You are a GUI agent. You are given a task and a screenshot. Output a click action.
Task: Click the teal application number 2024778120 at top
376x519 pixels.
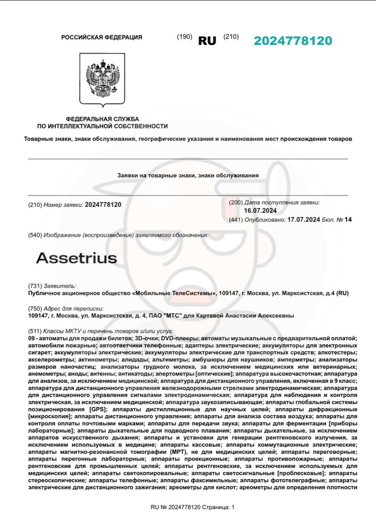pos(293,41)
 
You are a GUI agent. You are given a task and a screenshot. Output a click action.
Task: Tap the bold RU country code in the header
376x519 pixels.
pos(207,41)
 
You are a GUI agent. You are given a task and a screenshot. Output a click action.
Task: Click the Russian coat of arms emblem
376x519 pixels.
pos(103,79)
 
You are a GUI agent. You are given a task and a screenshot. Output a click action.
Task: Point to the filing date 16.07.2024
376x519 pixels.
pos(260,211)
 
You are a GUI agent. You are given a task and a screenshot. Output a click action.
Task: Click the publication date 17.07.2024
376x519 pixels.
pos(303,220)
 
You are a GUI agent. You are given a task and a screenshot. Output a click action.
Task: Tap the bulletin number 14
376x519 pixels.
pos(348,220)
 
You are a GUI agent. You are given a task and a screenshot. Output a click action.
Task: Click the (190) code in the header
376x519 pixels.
pos(184,37)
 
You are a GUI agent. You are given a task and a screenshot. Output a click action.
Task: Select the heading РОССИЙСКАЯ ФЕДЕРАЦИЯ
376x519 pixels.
pos(102,37)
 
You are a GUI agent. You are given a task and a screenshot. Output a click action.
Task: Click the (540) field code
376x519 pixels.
pos(35,235)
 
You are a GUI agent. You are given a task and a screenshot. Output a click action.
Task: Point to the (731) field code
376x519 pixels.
pos(35,286)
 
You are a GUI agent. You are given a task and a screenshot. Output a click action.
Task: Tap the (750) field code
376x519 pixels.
pos(35,309)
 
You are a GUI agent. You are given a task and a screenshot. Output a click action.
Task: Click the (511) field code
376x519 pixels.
pos(35,331)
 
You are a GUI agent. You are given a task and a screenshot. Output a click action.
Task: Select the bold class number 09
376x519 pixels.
pos(32,338)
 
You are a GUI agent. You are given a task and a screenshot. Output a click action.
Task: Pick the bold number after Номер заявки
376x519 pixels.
pos(103,205)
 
